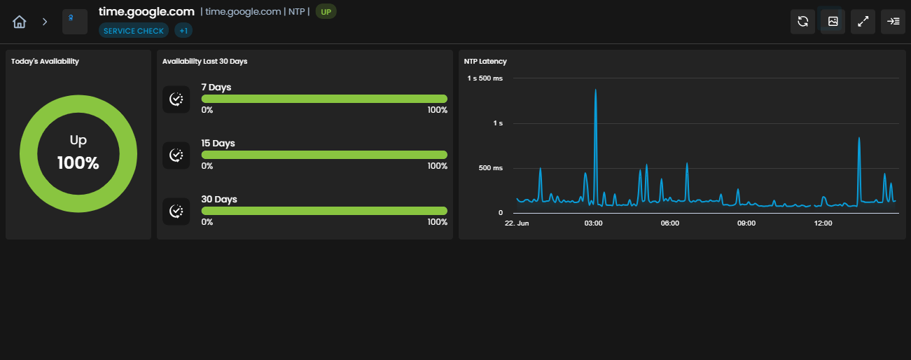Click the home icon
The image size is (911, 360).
pos(19,22)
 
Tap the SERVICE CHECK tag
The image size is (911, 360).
pos(134,31)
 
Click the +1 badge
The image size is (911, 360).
pos(183,31)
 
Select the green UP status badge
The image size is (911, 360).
pos(326,12)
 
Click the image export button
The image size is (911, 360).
pos(833,21)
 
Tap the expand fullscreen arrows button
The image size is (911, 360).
pos(863,21)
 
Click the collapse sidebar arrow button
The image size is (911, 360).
pos(893,21)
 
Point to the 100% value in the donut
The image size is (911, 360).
pos(78,162)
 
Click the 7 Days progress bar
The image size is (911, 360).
pos(324,99)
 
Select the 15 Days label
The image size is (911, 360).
pos(218,143)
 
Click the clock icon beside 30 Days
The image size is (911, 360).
pos(176,211)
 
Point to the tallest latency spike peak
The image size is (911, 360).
pos(595,90)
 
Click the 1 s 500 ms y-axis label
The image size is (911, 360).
pos(485,78)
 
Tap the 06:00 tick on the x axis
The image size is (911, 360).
pos(670,223)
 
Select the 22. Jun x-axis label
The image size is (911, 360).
pos(517,223)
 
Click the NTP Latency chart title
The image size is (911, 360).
pos(485,61)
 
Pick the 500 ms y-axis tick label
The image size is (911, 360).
pos(490,167)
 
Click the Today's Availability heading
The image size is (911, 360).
pos(45,61)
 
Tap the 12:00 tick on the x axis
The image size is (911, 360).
pos(823,223)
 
